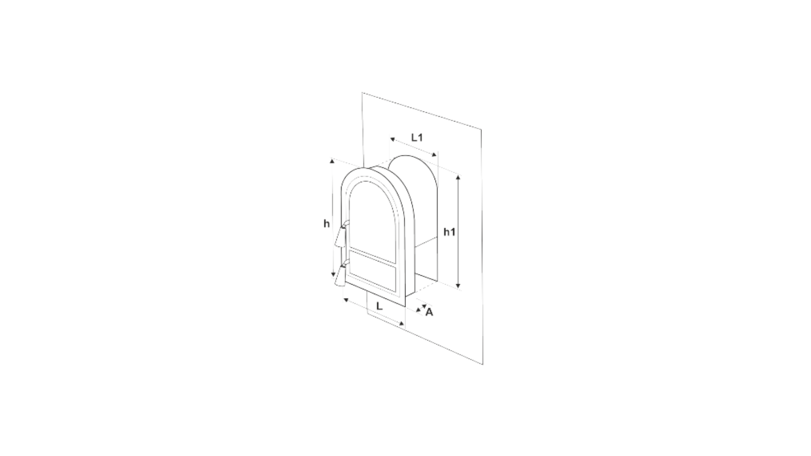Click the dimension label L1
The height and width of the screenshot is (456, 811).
[x=417, y=138]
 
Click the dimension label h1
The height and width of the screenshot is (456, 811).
[x=449, y=232]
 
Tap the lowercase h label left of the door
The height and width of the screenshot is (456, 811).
[x=327, y=224]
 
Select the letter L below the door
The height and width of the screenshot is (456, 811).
[x=379, y=306]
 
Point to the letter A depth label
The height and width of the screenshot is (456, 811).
[x=429, y=312]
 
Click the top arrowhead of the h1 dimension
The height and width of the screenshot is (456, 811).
[x=458, y=176]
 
